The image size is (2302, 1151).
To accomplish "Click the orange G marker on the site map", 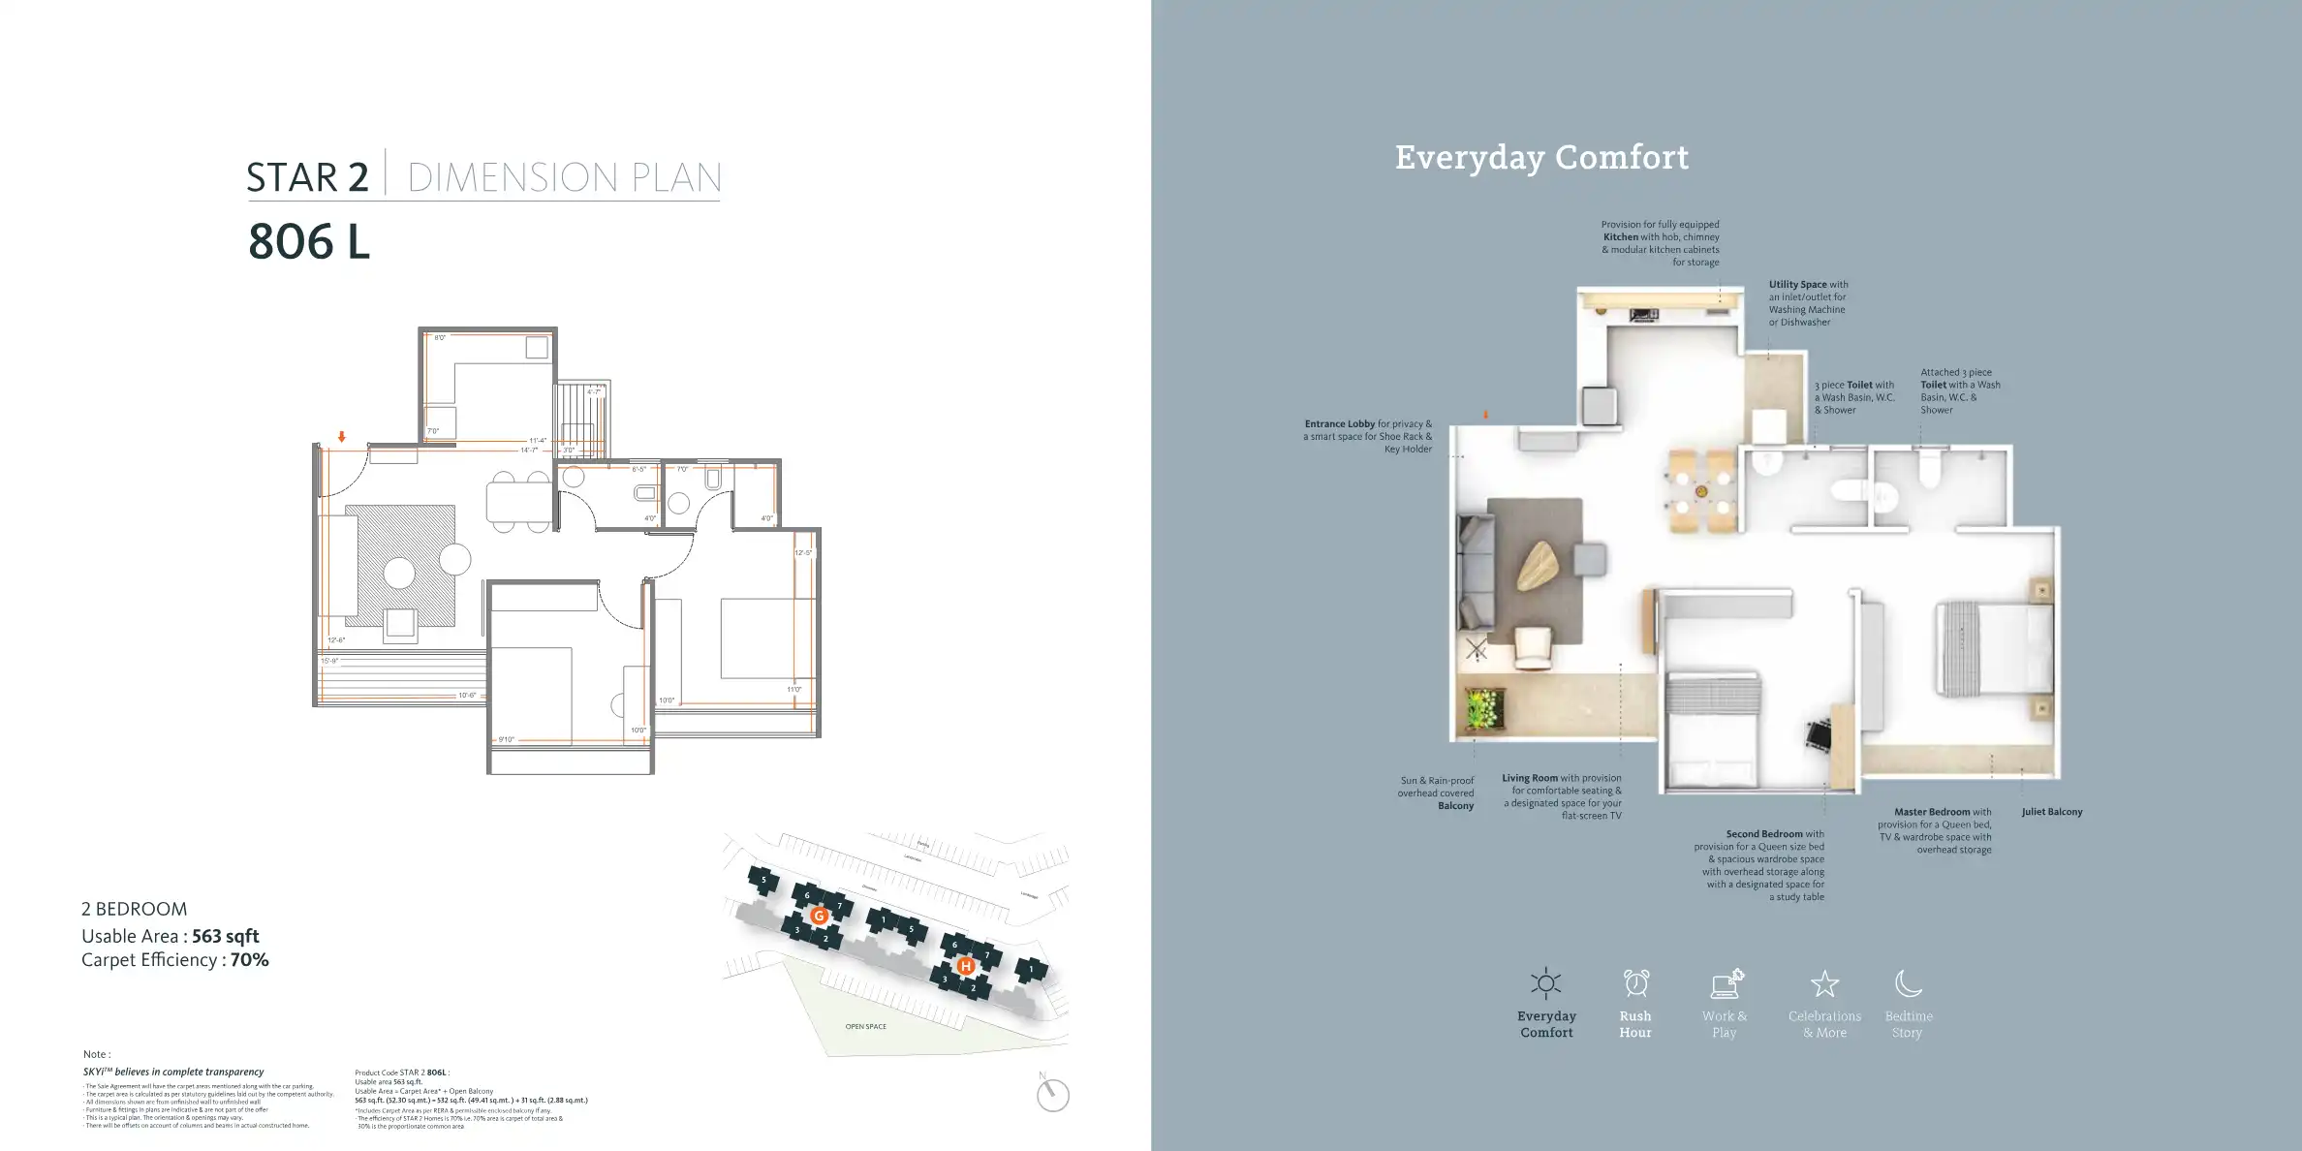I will [x=819, y=916].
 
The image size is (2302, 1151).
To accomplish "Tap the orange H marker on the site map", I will [x=965, y=966].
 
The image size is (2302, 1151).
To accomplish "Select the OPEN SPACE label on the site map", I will [x=865, y=1026].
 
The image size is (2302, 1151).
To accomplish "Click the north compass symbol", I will [x=1052, y=1095].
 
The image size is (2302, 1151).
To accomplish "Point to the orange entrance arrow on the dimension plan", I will [x=342, y=437].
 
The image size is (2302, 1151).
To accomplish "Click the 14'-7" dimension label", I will [x=529, y=450].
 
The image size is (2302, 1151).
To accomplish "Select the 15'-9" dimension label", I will [x=330, y=661].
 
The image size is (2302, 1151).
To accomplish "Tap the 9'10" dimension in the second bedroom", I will [x=506, y=739].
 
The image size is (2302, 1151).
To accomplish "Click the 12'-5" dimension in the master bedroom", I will [x=803, y=553].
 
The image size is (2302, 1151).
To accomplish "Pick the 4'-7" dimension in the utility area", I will [x=593, y=392].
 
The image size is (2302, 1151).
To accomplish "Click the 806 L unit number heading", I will [x=309, y=241].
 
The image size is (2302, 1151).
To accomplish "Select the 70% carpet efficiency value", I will [x=249, y=960].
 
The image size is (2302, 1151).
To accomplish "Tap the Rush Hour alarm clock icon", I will [x=1635, y=983].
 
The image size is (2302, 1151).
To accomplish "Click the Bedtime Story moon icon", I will [x=1908, y=983].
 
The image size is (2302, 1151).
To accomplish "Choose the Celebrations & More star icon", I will [x=1824, y=984].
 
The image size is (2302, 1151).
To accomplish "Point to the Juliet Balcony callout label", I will [x=2051, y=812].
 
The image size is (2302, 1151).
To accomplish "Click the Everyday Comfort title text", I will [x=1541, y=157].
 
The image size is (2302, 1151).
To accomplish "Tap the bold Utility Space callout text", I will [x=1797, y=285].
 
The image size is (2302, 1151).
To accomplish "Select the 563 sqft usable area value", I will [x=225, y=936].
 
